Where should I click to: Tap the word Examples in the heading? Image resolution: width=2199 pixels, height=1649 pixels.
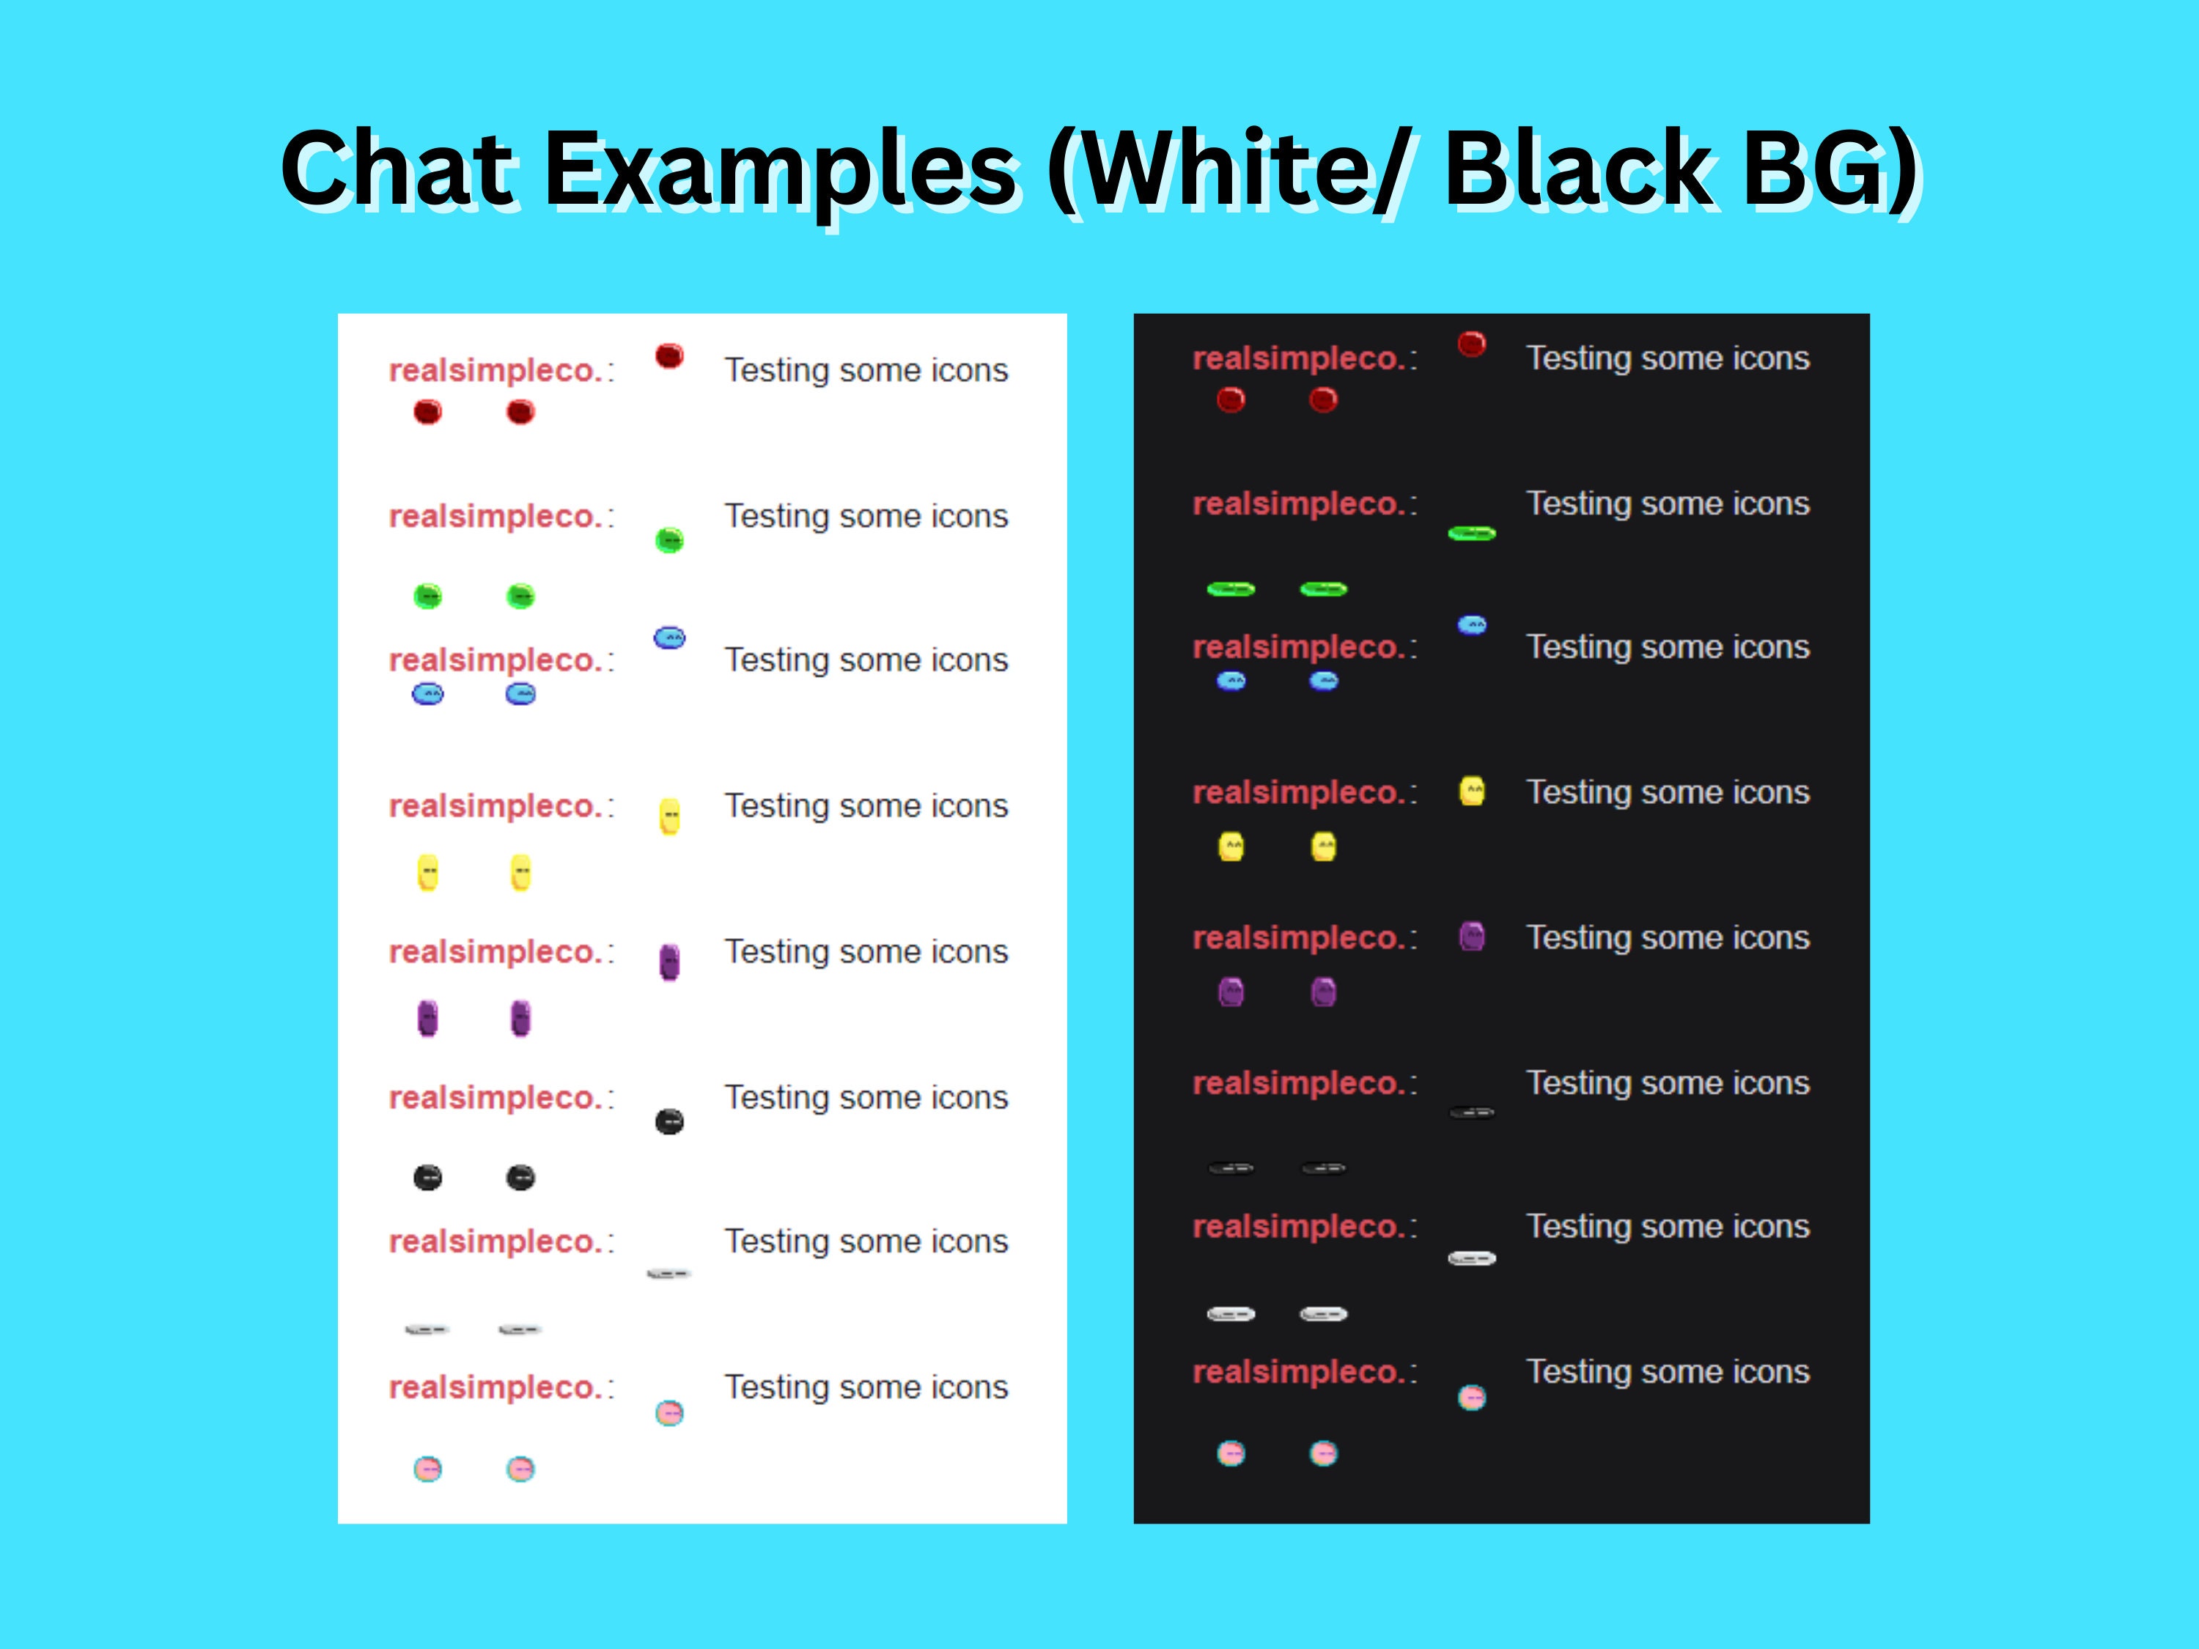click(782, 169)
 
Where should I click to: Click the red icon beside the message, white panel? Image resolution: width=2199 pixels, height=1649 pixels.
click(670, 356)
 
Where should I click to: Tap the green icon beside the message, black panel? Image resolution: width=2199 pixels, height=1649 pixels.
click(1471, 534)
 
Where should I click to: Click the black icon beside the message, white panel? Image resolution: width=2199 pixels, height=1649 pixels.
click(670, 1122)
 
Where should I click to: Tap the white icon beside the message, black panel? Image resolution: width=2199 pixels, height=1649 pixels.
click(1471, 1258)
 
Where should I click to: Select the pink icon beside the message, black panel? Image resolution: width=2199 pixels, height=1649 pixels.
click(1471, 1398)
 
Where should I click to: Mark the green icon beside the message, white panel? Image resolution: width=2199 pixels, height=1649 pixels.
click(670, 539)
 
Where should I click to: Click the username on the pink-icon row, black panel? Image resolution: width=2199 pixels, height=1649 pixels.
click(1298, 1372)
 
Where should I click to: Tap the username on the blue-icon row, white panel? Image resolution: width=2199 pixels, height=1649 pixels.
click(495, 660)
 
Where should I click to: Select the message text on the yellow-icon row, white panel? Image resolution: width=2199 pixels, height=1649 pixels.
click(866, 805)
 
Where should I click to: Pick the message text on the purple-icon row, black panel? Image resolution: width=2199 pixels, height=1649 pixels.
click(1667, 937)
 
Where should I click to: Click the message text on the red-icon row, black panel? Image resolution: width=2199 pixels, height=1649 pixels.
click(1667, 358)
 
